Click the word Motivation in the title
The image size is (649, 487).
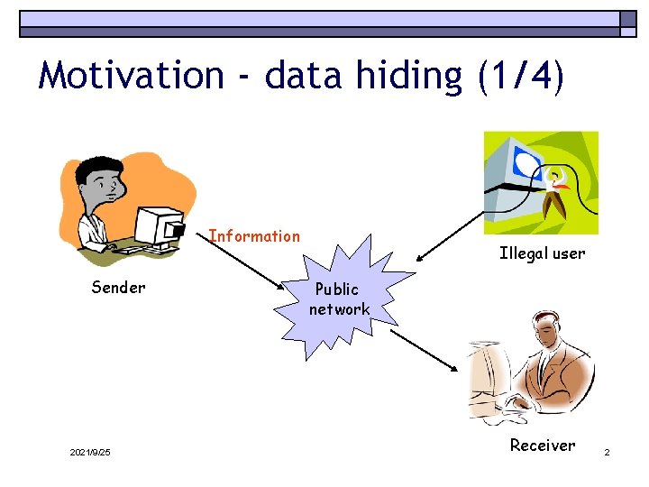point(132,75)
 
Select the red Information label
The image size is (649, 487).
point(254,236)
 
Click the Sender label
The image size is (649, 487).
point(118,288)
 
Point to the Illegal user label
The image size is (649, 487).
point(542,253)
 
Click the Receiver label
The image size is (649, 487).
point(542,445)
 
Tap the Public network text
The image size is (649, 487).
point(339,299)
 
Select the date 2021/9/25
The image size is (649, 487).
point(90,452)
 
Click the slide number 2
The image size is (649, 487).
point(608,452)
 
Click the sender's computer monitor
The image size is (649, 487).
point(158,225)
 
